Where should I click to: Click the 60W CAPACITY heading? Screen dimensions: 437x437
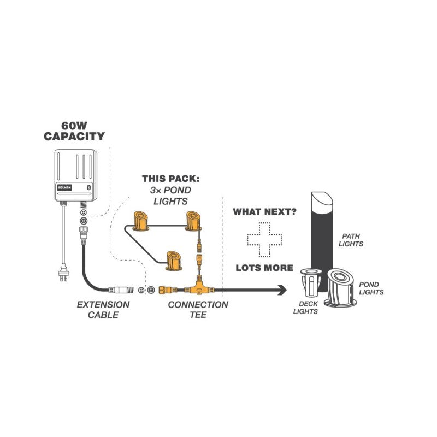74,131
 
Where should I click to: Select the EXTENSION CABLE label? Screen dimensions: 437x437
103,309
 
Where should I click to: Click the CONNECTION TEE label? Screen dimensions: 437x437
198,309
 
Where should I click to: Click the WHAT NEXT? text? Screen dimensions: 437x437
265,211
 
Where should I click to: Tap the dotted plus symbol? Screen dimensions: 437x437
265,239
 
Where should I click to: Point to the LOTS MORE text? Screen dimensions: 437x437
265,268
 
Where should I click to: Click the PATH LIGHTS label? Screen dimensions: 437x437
350,240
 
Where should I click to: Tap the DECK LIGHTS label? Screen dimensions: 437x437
305,308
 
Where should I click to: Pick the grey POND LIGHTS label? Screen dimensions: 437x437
371,288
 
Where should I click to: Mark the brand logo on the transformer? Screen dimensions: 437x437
63,186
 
